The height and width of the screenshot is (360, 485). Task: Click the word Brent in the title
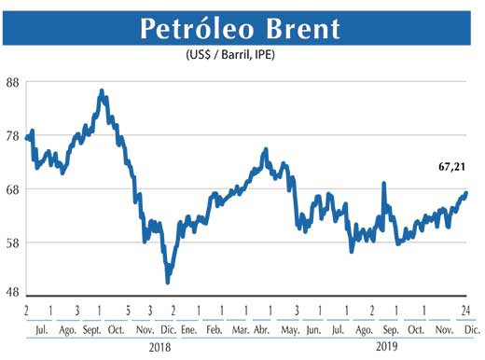pyautogui.click(x=302, y=29)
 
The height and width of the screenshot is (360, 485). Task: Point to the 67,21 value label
pyautogui.click(x=452, y=168)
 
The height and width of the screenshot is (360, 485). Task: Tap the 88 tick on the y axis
pyautogui.click(x=13, y=82)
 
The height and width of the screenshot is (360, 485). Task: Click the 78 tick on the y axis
pyautogui.click(x=13, y=136)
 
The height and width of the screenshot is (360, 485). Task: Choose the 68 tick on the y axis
pyautogui.click(x=13, y=189)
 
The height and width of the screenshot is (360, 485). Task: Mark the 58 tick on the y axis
pyautogui.click(x=13, y=242)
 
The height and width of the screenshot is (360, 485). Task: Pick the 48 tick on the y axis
pyautogui.click(x=13, y=292)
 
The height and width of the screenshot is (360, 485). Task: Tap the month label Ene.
pyautogui.click(x=187, y=330)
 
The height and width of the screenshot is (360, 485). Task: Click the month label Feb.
pyautogui.click(x=215, y=330)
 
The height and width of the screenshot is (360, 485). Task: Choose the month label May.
pyautogui.click(x=292, y=330)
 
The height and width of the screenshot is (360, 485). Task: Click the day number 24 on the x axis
pyautogui.click(x=464, y=311)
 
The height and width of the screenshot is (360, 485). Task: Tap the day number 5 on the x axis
pyautogui.click(x=126, y=311)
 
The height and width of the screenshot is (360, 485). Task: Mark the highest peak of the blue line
pyautogui.click(x=102, y=91)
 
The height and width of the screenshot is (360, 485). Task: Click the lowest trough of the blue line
pyautogui.click(x=168, y=281)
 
